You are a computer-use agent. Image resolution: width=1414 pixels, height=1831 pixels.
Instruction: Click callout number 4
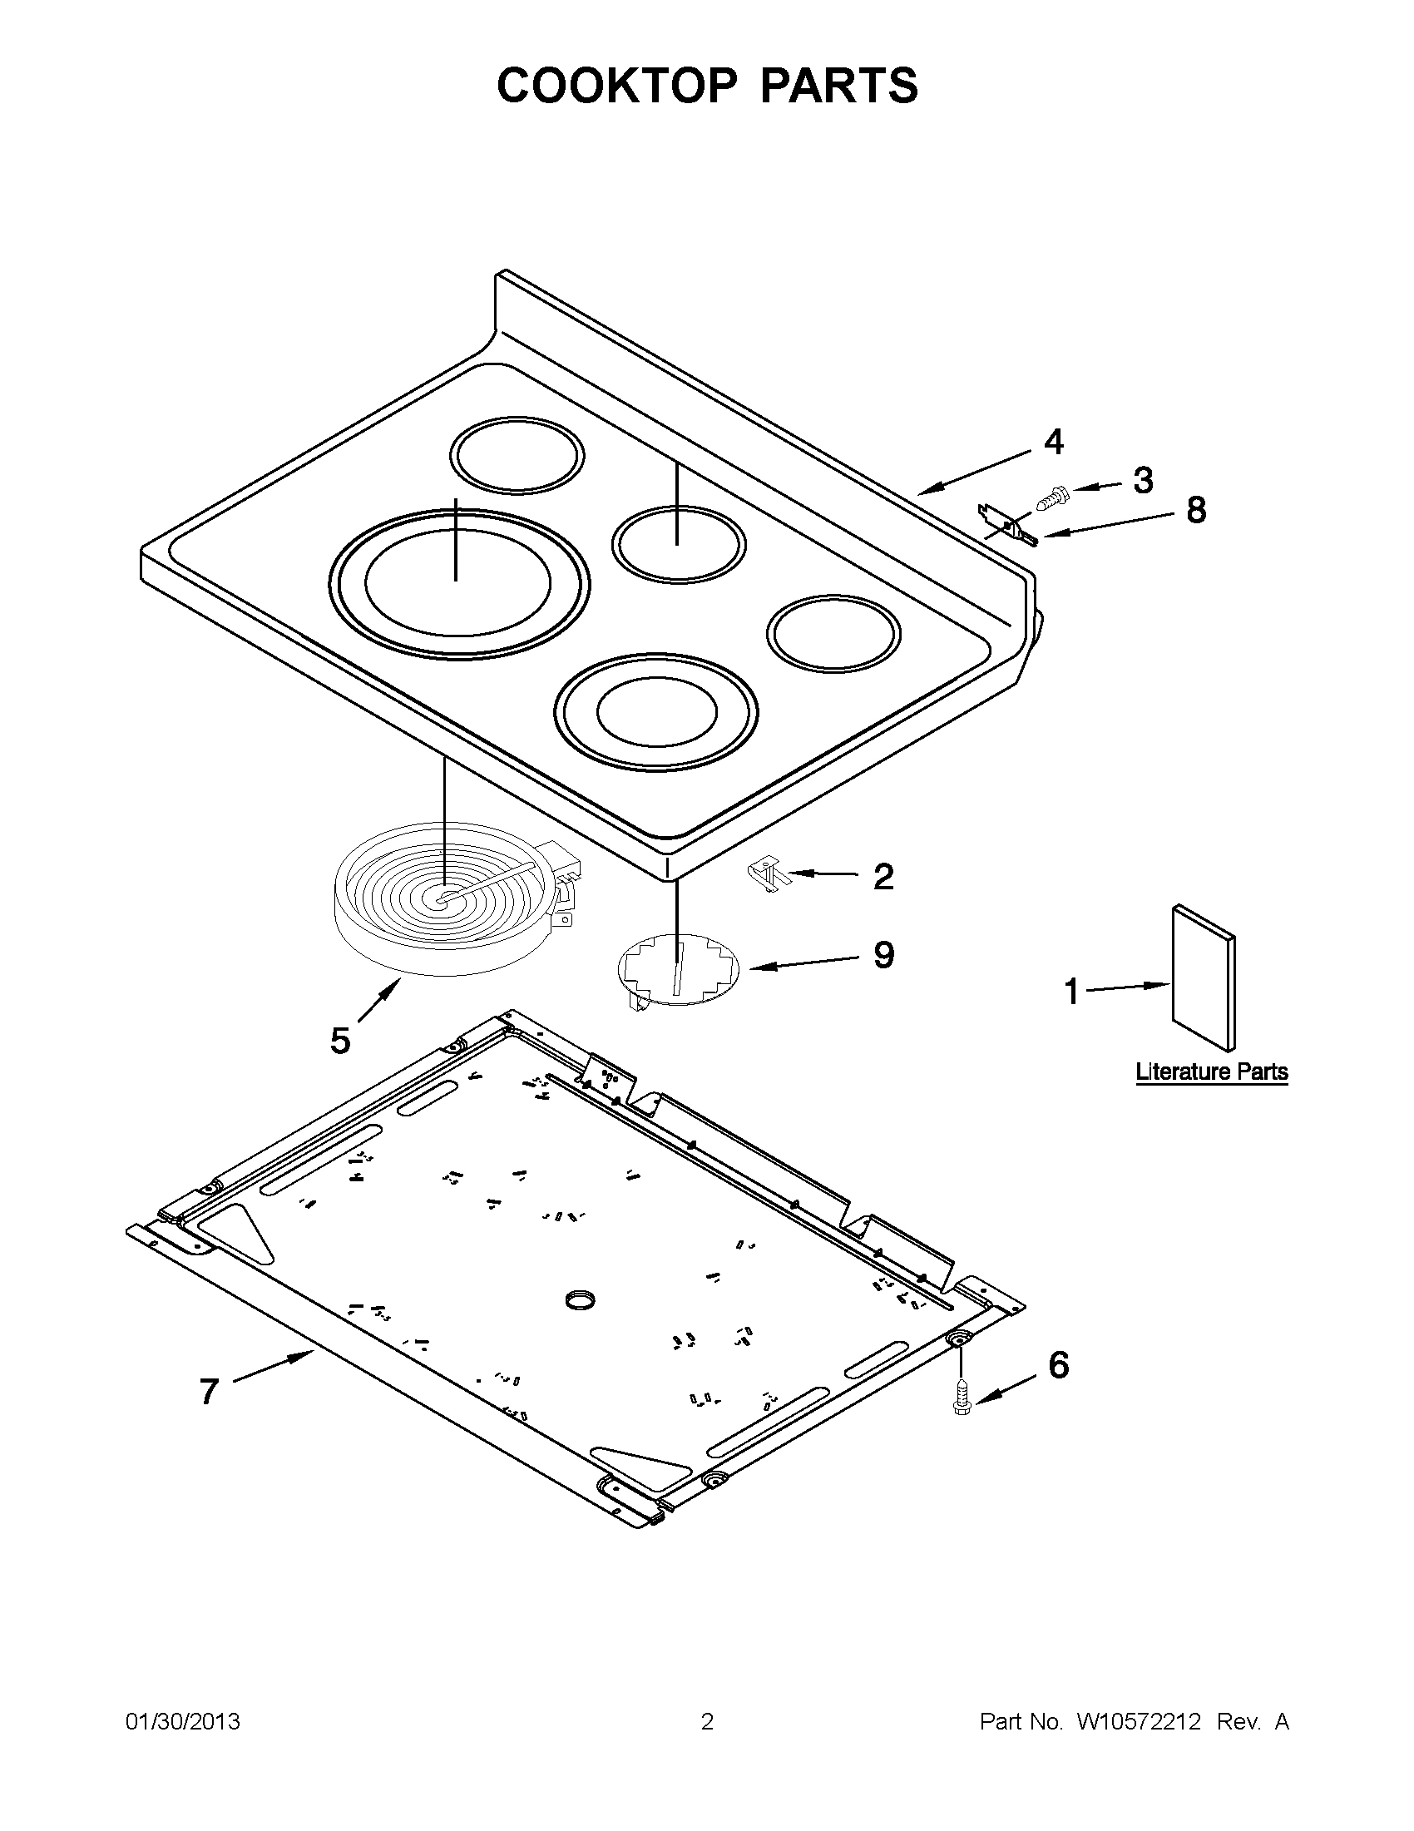click(x=1053, y=442)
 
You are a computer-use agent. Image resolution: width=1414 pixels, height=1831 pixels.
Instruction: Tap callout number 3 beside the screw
click(x=1143, y=480)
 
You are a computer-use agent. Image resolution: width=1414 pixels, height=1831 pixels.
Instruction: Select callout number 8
click(x=1195, y=510)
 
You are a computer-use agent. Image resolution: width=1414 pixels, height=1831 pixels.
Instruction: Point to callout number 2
click(x=883, y=877)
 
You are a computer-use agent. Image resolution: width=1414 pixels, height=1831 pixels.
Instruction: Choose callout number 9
click(x=883, y=954)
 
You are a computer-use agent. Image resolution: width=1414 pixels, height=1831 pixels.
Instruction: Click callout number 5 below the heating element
click(x=340, y=1041)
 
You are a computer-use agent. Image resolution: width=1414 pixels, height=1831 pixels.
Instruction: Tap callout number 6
click(x=1059, y=1366)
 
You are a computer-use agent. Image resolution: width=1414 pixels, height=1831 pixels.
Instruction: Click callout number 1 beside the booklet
click(x=1071, y=992)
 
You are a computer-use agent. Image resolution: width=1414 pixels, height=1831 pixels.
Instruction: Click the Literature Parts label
click(x=1211, y=1071)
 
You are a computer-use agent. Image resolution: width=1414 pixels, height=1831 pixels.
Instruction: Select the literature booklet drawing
click(x=1204, y=977)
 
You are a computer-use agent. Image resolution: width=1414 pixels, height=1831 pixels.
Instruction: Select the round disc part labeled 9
click(x=679, y=967)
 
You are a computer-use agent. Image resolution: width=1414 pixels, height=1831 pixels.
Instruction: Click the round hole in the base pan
click(x=580, y=1299)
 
